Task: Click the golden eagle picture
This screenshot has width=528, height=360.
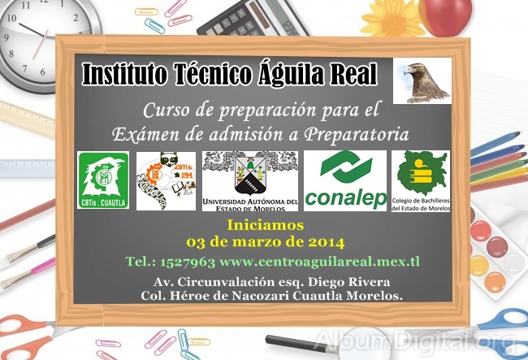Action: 422,80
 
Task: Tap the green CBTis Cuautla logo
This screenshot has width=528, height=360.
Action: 103,180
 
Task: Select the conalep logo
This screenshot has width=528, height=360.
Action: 345,181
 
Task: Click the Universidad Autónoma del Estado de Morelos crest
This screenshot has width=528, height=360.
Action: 250,181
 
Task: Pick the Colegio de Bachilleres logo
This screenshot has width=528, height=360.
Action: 421,181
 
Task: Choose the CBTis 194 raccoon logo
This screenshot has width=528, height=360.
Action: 166,181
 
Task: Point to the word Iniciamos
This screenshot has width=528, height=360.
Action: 266,225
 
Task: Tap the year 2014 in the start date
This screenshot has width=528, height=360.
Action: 325,242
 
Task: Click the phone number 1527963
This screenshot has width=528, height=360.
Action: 187,262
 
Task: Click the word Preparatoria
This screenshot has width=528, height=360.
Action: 357,135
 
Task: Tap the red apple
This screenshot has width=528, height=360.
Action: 444,16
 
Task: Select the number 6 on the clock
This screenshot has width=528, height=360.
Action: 42,72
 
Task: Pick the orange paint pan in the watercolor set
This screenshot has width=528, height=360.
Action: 495,282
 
